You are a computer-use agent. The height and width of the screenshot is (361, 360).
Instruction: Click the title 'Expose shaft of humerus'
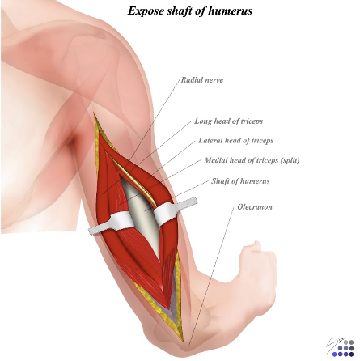[190, 11]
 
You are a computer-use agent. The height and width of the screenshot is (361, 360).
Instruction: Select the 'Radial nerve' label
[202, 80]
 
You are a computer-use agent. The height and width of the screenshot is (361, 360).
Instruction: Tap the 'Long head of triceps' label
[228, 121]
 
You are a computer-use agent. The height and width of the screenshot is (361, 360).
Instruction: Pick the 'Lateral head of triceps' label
[236, 141]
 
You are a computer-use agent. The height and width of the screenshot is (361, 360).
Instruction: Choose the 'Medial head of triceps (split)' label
[252, 160]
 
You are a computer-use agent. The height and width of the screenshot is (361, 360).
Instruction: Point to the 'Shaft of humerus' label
[240, 180]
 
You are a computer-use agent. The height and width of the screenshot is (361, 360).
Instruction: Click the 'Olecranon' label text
[255, 207]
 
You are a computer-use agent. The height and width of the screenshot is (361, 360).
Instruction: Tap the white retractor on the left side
[112, 223]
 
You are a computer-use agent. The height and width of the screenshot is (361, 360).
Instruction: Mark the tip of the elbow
[186, 348]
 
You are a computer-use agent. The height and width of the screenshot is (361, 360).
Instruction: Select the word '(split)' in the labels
[290, 160]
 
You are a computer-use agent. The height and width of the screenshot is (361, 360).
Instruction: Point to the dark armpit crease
[71, 142]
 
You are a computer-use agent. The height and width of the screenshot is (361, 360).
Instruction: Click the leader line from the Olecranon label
[211, 277]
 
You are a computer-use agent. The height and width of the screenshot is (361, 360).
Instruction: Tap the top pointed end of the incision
[94, 113]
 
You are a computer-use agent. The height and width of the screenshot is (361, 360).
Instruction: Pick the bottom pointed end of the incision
[183, 340]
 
